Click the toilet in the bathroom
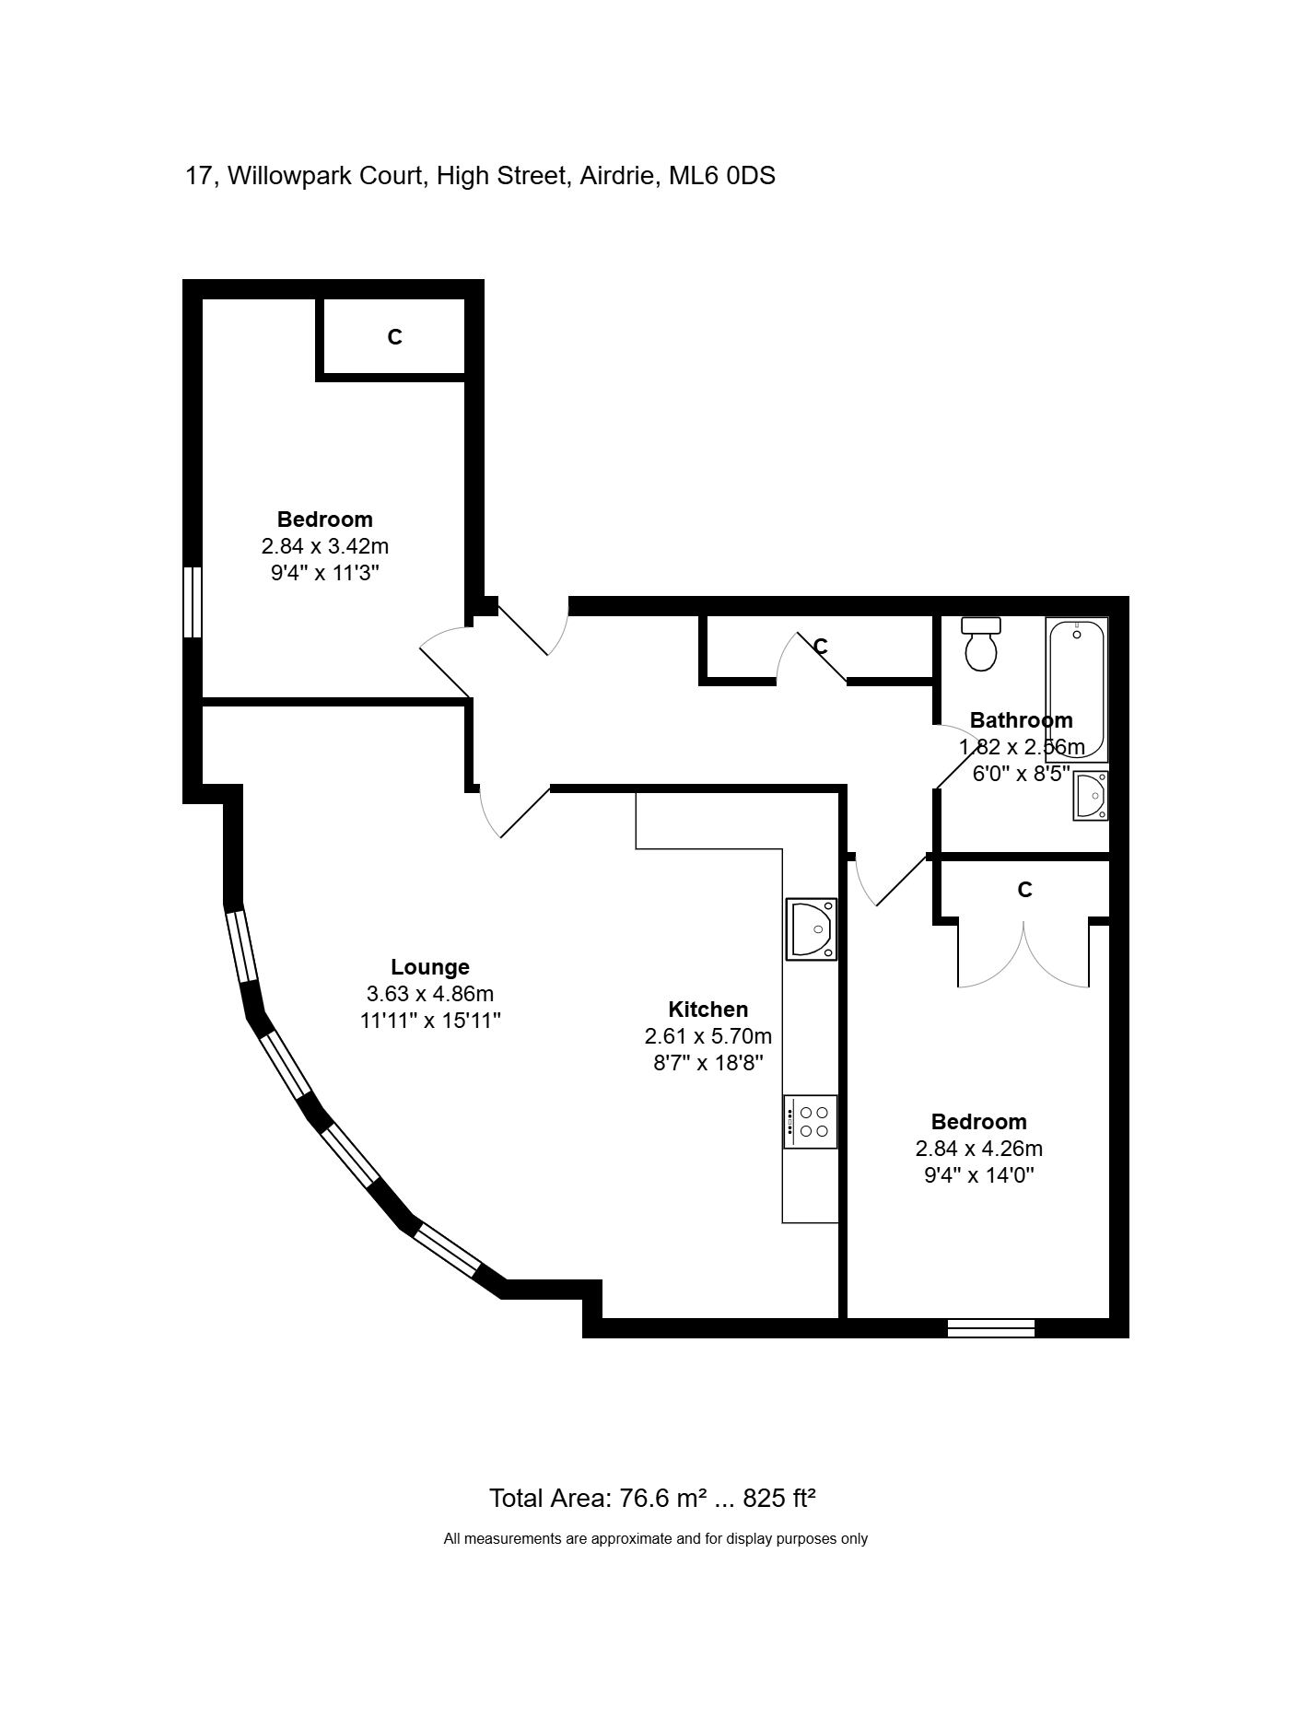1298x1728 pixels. click(x=980, y=643)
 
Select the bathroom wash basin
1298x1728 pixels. click(x=1091, y=795)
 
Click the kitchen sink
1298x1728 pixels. click(x=812, y=928)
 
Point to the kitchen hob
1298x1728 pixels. click(x=811, y=1121)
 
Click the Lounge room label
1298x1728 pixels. click(x=430, y=967)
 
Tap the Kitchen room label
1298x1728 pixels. click(x=708, y=1010)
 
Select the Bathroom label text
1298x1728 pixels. click(x=1022, y=720)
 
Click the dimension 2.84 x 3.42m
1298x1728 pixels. click(x=325, y=546)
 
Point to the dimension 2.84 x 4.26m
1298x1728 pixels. click(x=979, y=1149)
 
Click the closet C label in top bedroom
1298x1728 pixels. click(x=394, y=338)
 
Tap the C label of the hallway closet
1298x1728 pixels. click(x=821, y=647)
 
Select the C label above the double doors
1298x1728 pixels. click(x=1024, y=890)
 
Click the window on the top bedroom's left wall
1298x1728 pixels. click(x=193, y=601)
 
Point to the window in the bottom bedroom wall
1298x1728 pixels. click(x=991, y=1327)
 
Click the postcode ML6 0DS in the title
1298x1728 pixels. click(x=722, y=175)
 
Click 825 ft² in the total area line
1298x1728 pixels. click(x=779, y=1499)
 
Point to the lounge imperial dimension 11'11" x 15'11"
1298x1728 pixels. click(x=430, y=1021)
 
